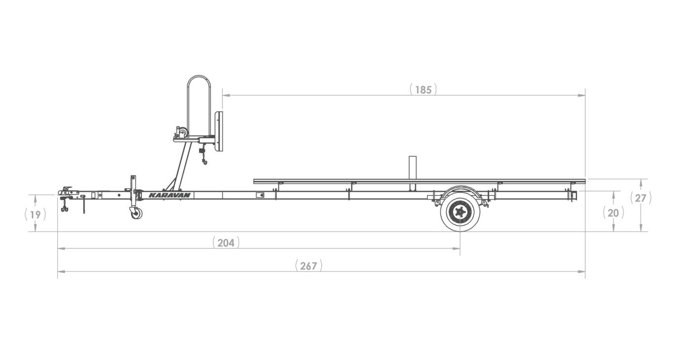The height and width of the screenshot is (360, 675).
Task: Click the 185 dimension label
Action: (423, 90)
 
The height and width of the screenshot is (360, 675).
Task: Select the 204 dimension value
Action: (226, 243)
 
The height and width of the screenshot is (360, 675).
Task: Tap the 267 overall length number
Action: (308, 266)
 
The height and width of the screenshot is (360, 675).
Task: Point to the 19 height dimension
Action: (35, 215)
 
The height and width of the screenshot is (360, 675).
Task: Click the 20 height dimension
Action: (613, 213)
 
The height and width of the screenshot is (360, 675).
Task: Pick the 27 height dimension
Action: (640, 198)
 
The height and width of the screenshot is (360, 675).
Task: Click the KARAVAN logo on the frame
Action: (169, 195)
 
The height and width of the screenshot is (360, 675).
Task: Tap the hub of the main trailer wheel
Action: (460, 212)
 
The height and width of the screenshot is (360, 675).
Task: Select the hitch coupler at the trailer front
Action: (68, 192)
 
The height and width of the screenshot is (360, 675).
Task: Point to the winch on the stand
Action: (182, 132)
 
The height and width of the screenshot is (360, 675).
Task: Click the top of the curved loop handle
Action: (199, 76)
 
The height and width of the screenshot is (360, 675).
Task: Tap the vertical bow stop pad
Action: (219, 131)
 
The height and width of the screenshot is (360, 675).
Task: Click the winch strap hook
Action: (204, 162)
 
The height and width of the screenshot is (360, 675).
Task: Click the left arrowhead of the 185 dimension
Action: (226, 95)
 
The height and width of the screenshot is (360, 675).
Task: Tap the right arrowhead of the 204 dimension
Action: (456, 248)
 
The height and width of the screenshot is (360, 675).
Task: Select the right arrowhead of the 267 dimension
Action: (581, 272)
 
